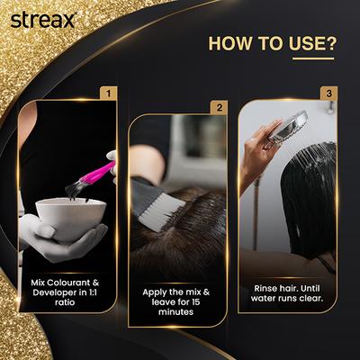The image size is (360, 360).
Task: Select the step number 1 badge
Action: (108, 93)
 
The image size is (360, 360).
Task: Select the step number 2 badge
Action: (218, 108)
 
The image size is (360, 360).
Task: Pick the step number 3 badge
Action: (329, 93)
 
